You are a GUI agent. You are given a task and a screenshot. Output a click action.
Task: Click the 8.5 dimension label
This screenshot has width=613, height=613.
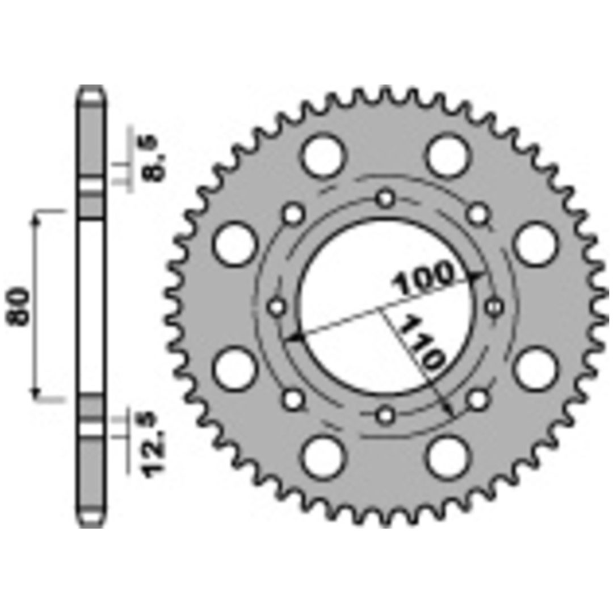click(154, 158)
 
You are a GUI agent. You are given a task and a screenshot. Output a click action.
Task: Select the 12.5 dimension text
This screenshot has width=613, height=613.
click(154, 444)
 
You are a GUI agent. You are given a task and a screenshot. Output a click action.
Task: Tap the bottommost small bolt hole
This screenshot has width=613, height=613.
click(386, 415)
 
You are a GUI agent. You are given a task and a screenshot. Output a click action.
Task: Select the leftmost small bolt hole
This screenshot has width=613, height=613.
click(277, 307)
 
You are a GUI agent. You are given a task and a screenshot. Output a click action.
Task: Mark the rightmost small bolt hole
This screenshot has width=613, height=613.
click(495, 307)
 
